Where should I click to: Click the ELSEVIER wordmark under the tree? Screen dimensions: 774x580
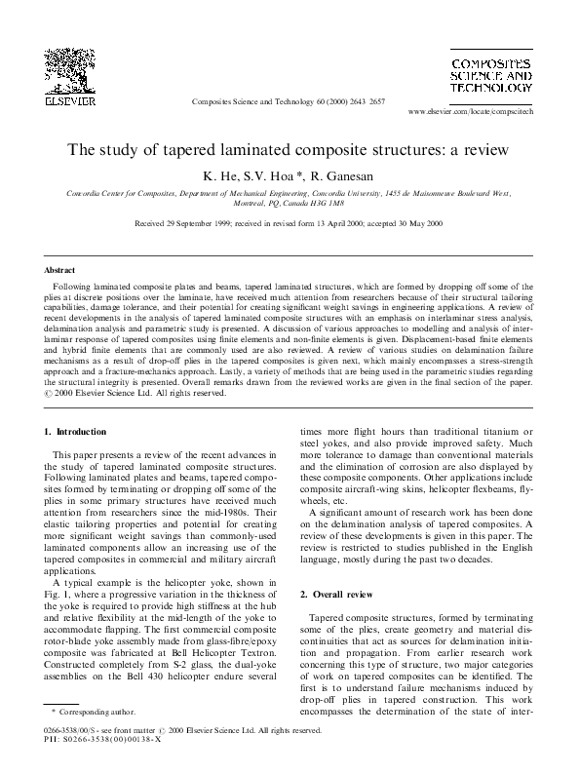[68, 98]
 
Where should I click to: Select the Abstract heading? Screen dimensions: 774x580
[61, 268]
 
